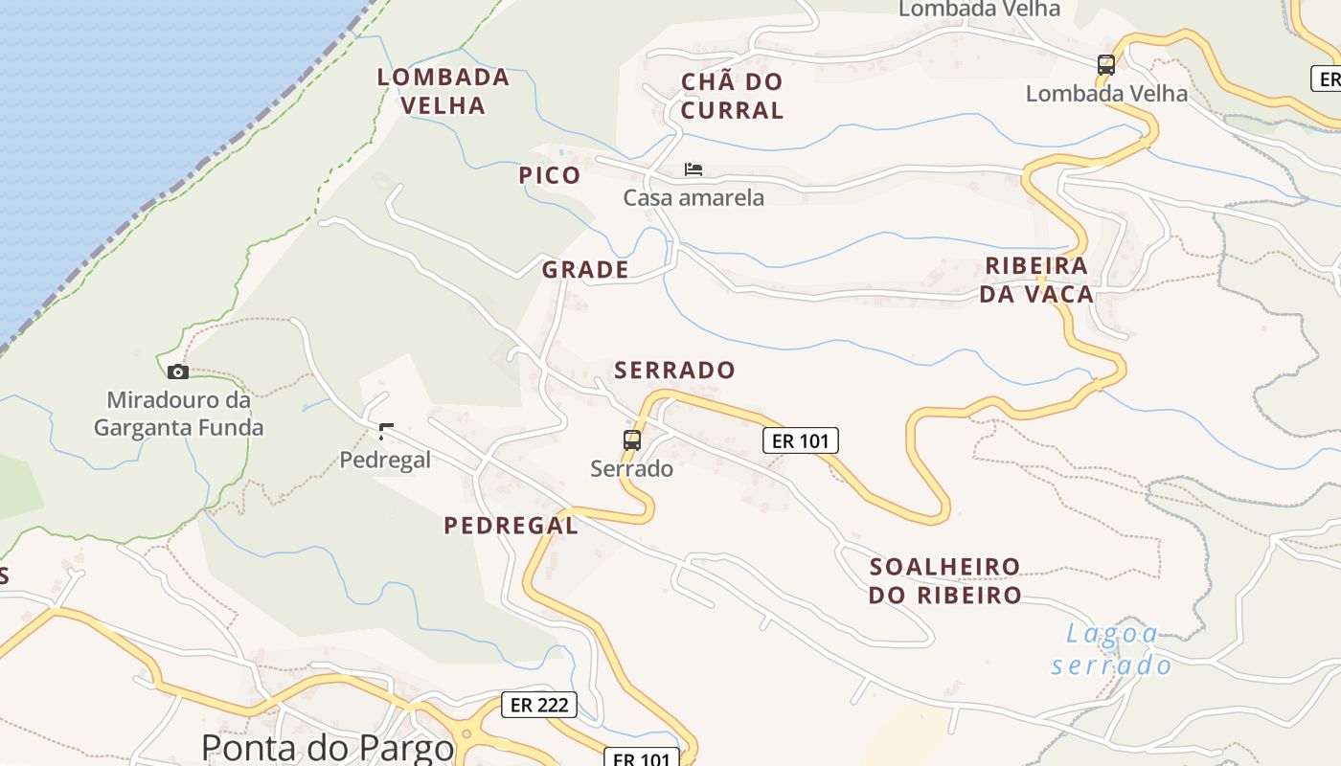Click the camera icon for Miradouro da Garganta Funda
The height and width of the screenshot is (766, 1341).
177,372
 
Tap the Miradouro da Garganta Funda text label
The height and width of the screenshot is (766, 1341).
178,414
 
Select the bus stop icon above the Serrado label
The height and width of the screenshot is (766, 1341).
632,440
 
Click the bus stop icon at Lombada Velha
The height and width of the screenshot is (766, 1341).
1106,65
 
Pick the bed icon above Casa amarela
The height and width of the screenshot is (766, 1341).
693,169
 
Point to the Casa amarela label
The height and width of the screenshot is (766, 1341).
693,198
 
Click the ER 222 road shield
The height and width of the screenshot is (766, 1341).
539,706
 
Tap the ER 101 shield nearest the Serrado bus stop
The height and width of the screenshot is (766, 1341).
800,440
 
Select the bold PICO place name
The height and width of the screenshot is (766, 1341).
550,175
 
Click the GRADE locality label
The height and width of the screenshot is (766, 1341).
585,270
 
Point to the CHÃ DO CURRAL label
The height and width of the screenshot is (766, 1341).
733,96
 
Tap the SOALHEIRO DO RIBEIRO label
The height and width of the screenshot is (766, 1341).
944,580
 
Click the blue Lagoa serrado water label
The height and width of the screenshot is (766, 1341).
1111,649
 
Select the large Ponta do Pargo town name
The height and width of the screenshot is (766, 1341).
328,747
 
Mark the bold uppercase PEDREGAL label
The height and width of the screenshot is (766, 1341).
511,525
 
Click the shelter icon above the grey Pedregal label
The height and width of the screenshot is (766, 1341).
386,432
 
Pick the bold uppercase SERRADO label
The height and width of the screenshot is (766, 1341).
674,371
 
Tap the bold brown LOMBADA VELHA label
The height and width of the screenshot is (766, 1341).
443,91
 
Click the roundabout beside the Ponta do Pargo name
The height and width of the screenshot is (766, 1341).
466,735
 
